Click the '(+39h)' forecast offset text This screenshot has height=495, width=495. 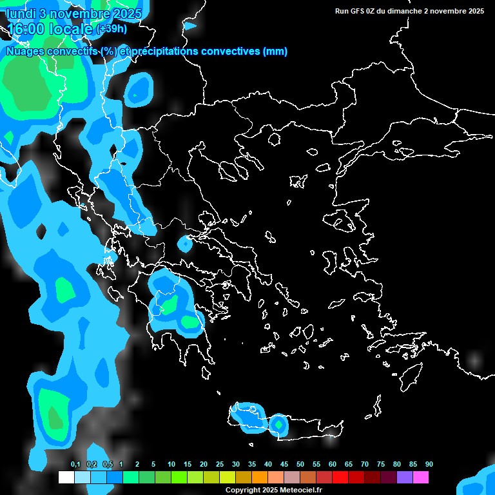112,29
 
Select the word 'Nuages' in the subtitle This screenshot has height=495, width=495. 26,52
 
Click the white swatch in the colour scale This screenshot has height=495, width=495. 66,478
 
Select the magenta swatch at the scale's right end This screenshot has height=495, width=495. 421,478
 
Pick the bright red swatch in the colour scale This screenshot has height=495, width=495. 340,478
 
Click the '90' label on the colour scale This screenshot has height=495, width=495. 429,465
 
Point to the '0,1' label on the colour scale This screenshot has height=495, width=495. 75,465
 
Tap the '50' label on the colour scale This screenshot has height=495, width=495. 300,465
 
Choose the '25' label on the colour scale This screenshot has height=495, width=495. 220,465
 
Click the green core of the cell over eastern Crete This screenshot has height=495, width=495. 278,424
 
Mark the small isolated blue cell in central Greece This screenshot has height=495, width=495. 186,244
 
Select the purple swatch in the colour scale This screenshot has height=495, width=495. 405,478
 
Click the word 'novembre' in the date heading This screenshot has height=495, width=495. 77,13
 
